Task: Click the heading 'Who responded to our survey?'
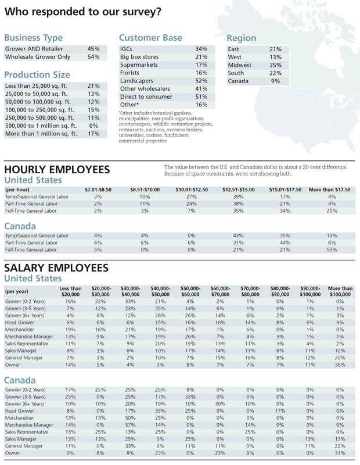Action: pyautogui.click(x=83, y=12)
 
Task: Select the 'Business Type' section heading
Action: pyautogui.click(x=33, y=38)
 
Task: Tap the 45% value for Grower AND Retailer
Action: pyautogui.click(x=93, y=49)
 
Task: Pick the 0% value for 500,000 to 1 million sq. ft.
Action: pyautogui.click(x=93, y=126)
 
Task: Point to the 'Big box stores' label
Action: pyautogui.click(x=139, y=58)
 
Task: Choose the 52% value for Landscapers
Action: pyautogui.click(x=201, y=81)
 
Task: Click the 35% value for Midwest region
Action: pyautogui.click(x=275, y=66)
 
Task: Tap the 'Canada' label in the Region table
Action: pyautogui.click(x=238, y=81)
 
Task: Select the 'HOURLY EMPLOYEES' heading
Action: pyautogui.click(x=57, y=169)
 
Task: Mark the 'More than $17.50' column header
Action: pyautogui.click(x=329, y=190)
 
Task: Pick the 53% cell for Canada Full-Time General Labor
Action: pyautogui.click(x=332, y=250)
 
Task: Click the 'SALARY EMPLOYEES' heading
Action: pyautogui.click(x=56, y=268)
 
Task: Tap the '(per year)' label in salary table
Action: pyautogui.click(x=17, y=291)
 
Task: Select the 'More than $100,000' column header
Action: pyautogui.click(x=340, y=291)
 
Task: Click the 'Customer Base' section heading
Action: pyautogui.click(x=150, y=38)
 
